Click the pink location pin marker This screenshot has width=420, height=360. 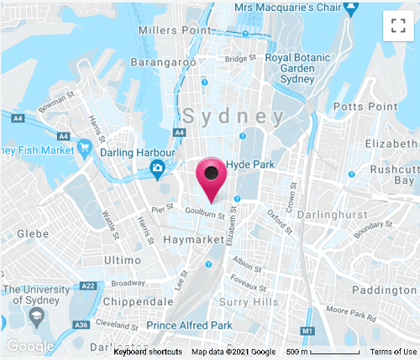tap(212, 175)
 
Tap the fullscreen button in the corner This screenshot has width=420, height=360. tap(397, 25)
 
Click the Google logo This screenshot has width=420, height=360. tap(29, 346)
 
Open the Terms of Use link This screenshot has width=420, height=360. tap(393, 352)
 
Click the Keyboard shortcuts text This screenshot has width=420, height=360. tap(150, 352)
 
